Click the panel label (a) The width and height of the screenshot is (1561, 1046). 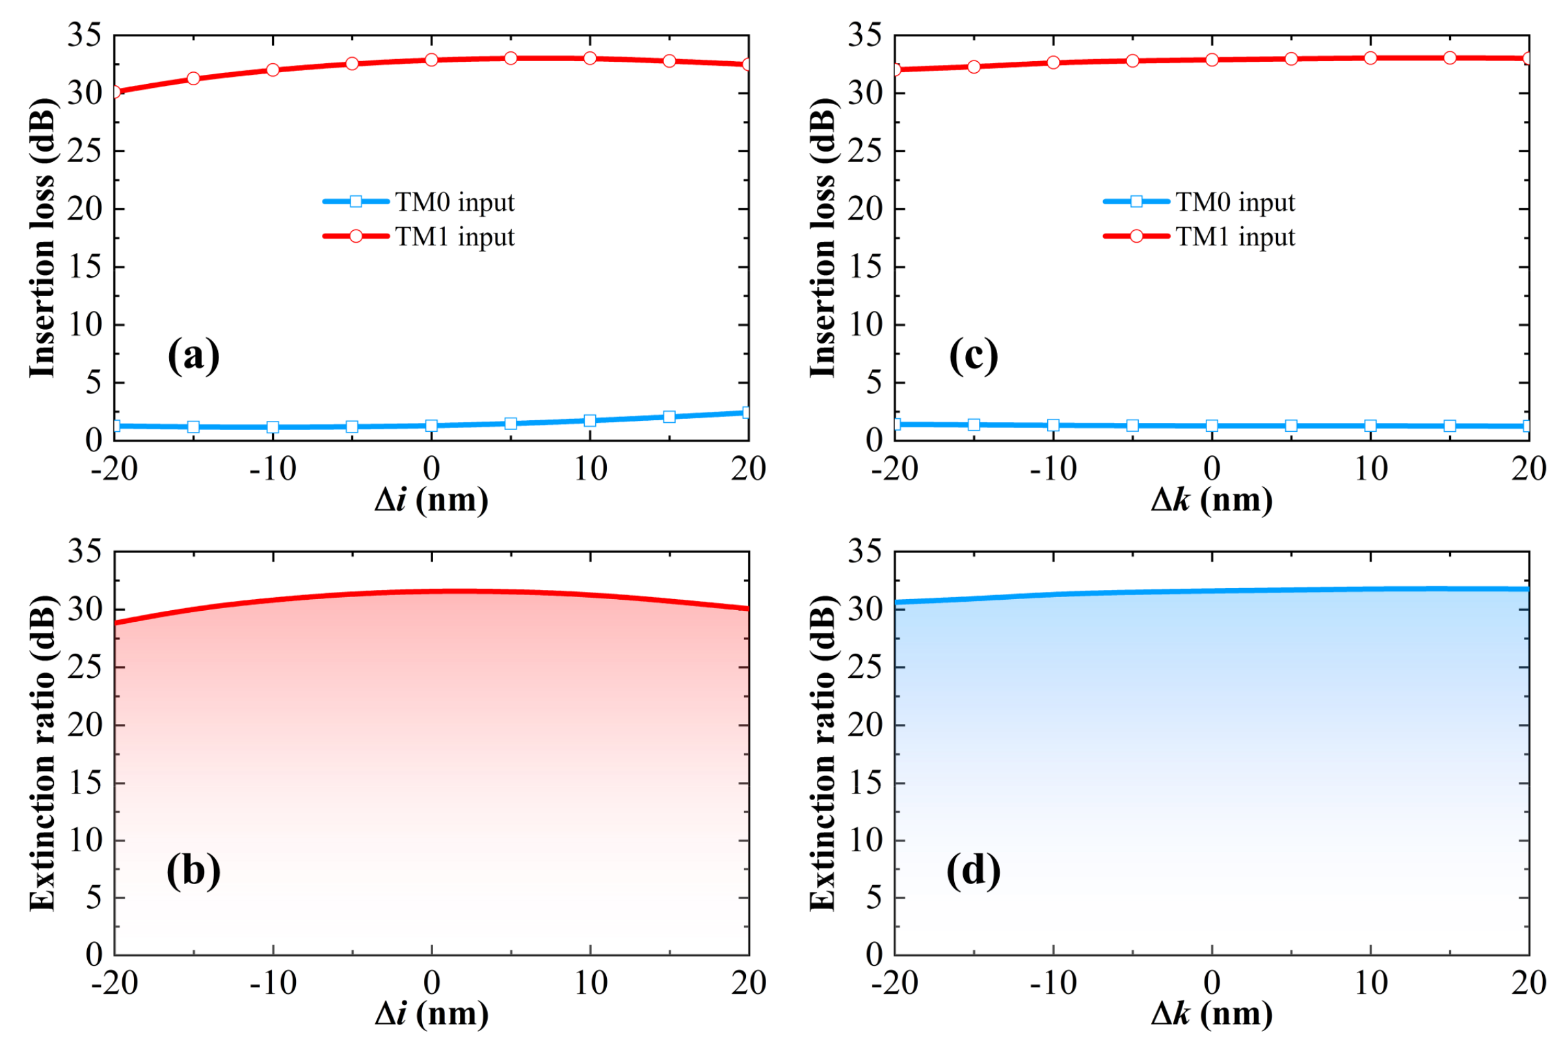(193, 356)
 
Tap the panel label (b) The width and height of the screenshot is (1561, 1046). (193, 870)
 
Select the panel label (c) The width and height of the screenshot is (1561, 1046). (974, 356)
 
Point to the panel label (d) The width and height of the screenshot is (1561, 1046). (974, 870)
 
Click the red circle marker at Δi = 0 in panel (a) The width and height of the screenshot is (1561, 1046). (431, 60)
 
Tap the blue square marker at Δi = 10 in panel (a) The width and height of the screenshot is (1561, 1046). (590, 421)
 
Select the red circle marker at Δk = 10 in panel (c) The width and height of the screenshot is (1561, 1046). (1370, 58)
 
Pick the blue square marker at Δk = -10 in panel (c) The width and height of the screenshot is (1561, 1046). (1054, 425)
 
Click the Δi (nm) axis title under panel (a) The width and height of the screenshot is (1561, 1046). (431, 500)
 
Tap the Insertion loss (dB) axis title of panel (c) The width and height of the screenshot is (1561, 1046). (822, 238)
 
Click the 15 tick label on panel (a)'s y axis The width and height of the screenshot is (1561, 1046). (85, 267)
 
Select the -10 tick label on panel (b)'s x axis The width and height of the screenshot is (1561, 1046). (273, 984)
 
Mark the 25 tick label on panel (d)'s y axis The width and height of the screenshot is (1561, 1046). (865, 667)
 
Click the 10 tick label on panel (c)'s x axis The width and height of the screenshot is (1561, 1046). (1370, 469)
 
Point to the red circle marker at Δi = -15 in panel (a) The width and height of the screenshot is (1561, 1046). (193, 79)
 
